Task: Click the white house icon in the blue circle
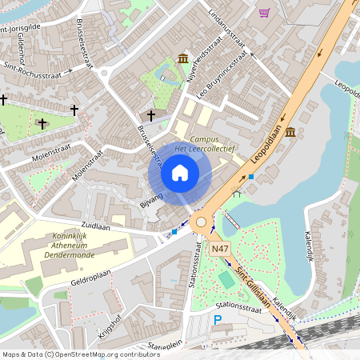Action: pos(180,172)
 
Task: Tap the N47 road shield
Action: pos(222,251)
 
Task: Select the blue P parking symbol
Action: pos(218,322)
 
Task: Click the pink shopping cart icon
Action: pos(264,13)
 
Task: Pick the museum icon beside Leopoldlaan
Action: pos(289,131)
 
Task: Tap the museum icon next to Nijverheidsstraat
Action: pos(183,58)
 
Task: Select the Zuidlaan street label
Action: pos(94,227)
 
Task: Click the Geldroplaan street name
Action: pos(90,282)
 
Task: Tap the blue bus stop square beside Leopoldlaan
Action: pos(251,176)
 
